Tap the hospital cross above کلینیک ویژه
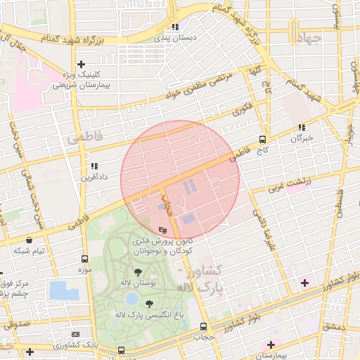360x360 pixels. point(82,64)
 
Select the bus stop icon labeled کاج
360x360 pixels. point(263,139)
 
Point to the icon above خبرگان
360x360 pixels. point(302,128)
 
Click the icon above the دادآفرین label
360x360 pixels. point(93,167)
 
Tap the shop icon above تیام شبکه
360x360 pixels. point(28,240)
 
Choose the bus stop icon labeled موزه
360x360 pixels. point(85,259)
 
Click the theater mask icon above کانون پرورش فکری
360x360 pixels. point(162,229)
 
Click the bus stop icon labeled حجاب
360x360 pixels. point(204,326)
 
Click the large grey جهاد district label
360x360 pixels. point(307,39)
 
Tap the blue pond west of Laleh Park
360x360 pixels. point(65,290)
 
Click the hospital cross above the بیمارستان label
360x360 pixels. point(271,345)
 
